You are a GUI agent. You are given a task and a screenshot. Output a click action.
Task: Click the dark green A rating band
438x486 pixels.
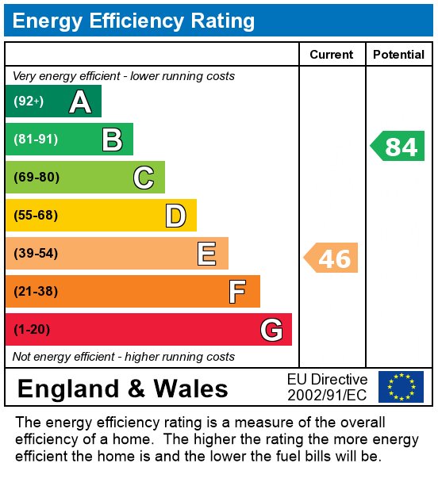point(53,101)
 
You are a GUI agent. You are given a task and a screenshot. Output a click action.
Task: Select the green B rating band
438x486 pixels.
point(69,140)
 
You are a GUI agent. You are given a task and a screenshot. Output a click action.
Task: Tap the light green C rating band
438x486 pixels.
point(85,178)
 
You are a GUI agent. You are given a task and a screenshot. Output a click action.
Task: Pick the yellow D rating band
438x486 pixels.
point(101,216)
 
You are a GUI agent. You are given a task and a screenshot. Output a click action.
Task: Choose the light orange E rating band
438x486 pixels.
point(117,254)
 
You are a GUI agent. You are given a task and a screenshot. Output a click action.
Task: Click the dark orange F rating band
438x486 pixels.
point(133,292)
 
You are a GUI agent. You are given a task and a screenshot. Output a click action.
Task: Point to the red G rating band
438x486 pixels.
point(148,330)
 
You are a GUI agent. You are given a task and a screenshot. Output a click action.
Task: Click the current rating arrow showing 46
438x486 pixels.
point(332,258)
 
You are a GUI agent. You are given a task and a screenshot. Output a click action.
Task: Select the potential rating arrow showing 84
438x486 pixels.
point(398,147)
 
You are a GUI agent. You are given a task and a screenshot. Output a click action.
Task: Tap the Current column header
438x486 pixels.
point(332,55)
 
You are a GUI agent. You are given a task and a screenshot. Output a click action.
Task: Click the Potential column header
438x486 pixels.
point(398,55)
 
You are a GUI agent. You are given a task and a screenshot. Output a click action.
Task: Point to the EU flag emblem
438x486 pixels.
point(401,387)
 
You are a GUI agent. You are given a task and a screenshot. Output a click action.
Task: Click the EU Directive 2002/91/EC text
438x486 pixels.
point(327,387)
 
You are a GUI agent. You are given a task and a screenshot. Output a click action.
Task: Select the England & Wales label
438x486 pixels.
point(122,388)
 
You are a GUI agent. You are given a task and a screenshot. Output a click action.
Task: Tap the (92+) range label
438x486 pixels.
point(29,101)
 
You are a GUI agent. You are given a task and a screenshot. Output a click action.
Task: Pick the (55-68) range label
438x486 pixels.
point(36,216)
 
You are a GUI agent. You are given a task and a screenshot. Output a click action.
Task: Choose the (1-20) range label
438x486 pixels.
point(33,330)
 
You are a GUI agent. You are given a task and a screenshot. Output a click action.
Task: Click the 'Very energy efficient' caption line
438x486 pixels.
point(124,76)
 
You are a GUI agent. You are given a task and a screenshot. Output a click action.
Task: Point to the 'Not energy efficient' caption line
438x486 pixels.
point(124,357)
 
